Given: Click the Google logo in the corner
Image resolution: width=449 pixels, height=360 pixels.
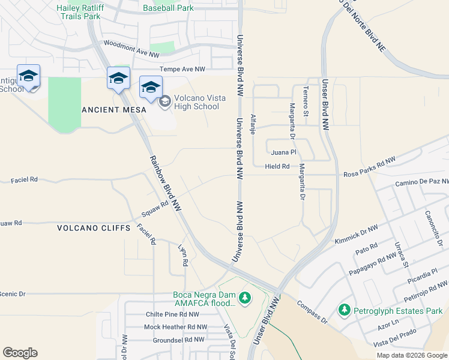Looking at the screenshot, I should tap(20, 353).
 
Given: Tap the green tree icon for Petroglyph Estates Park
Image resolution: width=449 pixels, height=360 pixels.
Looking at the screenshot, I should tap(344, 310).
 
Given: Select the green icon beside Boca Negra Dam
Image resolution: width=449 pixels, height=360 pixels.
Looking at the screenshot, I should tap(244, 298).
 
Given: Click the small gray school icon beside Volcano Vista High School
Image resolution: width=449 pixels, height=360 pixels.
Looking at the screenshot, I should tap(163, 103).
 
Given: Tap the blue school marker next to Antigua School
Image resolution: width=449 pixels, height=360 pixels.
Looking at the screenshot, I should tap(28, 76).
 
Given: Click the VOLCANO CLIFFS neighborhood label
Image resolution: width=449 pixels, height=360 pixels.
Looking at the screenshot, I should tap(93, 228).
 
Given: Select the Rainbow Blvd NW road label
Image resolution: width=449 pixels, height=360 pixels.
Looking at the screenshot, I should tap(166, 183).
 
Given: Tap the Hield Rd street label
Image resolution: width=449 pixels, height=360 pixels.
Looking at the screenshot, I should tap(277, 166).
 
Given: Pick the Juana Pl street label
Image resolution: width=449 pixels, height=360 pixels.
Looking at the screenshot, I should tap(284, 152).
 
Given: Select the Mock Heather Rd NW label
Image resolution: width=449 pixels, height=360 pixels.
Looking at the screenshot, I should tap(175, 327).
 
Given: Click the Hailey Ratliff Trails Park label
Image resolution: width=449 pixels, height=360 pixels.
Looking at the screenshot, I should tap(78, 12).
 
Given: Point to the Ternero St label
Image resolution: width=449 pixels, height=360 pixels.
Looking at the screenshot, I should tap(306, 98).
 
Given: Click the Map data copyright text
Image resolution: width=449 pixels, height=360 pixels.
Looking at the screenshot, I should tap(411, 355).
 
